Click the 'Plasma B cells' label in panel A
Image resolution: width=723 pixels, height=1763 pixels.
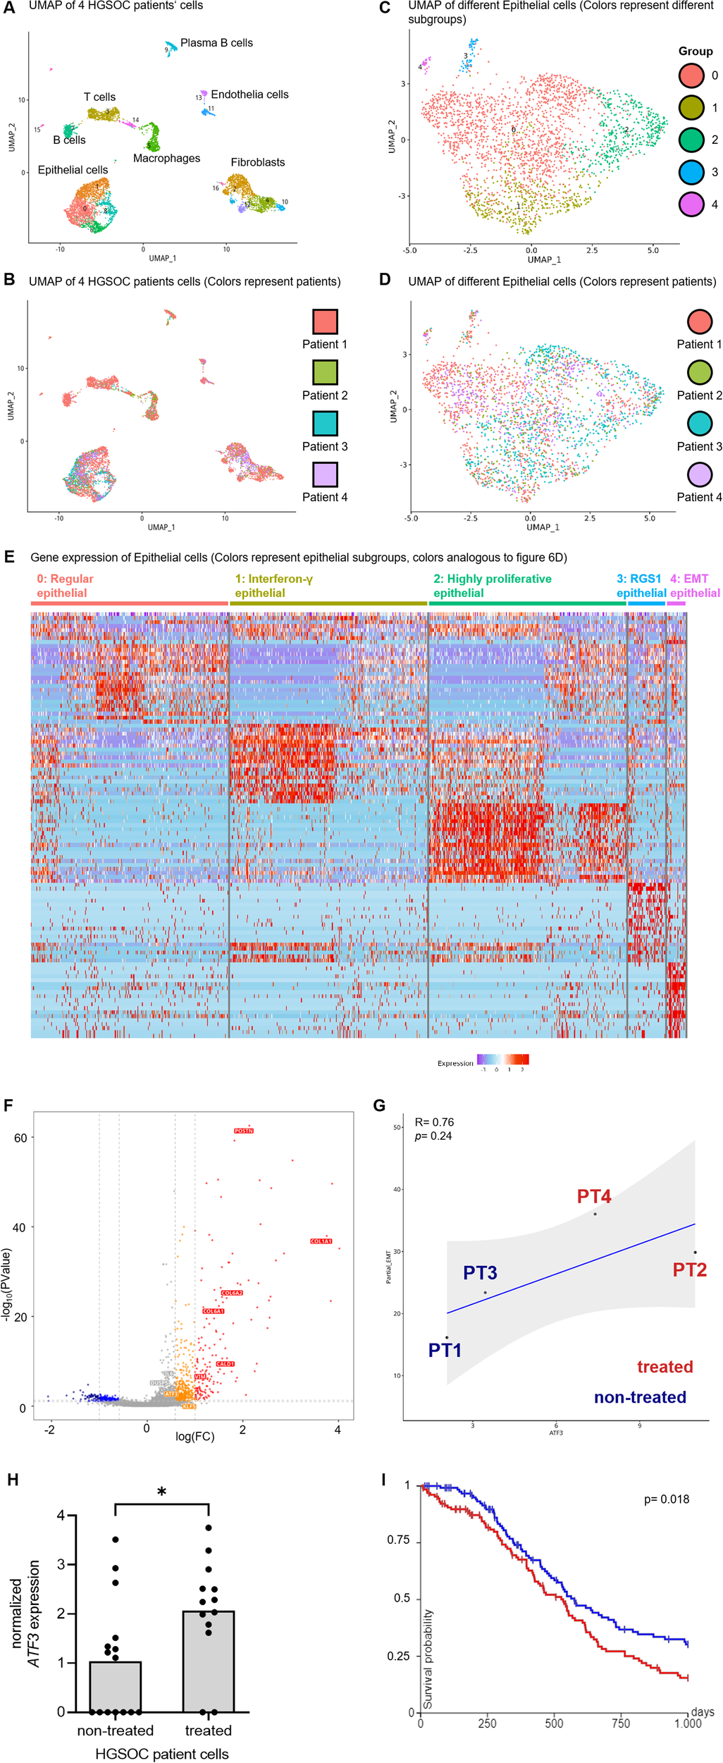pyautogui.click(x=216, y=43)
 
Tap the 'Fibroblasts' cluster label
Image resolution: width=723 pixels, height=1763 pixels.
pyautogui.click(x=258, y=162)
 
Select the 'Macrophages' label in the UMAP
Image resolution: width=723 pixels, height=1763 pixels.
pyautogui.click(x=166, y=159)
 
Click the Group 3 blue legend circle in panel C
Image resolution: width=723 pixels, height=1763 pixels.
pyautogui.click(x=691, y=172)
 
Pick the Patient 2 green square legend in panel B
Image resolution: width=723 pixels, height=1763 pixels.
pyautogui.click(x=325, y=372)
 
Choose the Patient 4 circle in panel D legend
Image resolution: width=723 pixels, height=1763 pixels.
pyautogui.click(x=699, y=474)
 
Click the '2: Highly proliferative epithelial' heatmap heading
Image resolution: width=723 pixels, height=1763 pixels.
pyautogui.click(x=492, y=586)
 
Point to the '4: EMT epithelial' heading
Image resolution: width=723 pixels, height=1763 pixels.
pyautogui.click(x=694, y=586)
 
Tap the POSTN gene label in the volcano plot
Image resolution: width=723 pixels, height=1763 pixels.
pyautogui.click(x=244, y=1131)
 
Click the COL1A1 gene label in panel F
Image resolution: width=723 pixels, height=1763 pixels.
pyautogui.click(x=321, y=1241)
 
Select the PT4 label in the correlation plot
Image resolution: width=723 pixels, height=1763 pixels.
pyautogui.click(x=594, y=1196)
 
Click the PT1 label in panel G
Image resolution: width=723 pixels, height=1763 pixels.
pyautogui.click(x=445, y=1350)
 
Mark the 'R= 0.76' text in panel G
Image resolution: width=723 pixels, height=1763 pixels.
pyautogui.click(x=434, y=1122)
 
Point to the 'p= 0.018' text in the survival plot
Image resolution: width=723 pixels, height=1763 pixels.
pyautogui.click(x=666, y=1499)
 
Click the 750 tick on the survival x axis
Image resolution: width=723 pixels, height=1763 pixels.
pyautogui.click(x=621, y=1724)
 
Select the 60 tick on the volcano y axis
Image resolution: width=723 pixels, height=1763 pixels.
pyautogui.click(x=20, y=1138)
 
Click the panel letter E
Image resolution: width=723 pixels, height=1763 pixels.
pyautogui.click(x=9, y=557)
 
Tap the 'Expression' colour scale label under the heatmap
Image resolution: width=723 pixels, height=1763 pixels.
pyautogui.click(x=455, y=1063)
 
